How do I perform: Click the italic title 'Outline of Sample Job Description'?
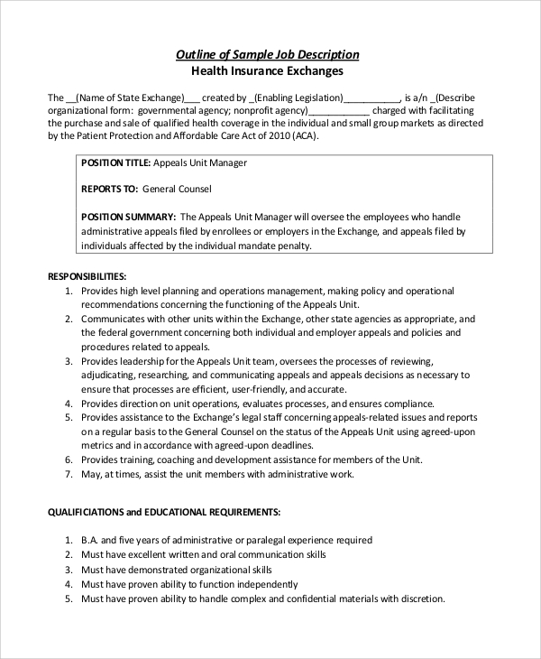pyautogui.click(x=267, y=54)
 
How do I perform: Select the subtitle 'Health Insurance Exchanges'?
pyautogui.click(x=268, y=70)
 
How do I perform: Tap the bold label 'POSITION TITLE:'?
pyautogui.click(x=116, y=163)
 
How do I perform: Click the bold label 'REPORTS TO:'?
pyautogui.click(x=109, y=190)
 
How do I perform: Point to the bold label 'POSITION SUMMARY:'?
pyautogui.click(x=128, y=217)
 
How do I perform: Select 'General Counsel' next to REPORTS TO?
pyautogui.click(x=178, y=190)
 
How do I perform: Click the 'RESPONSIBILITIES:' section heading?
pyautogui.click(x=87, y=275)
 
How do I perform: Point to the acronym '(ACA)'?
pyautogui.click(x=302, y=136)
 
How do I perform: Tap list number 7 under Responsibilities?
pyautogui.click(x=69, y=474)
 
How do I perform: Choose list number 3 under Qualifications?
pyautogui.click(x=69, y=571)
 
